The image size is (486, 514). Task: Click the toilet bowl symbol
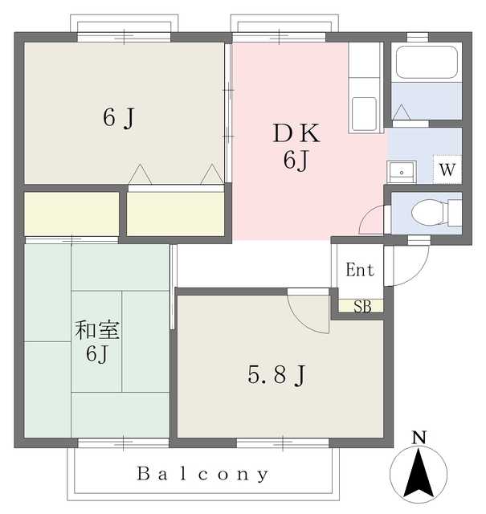point(427,213)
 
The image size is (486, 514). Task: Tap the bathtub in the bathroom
point(427,62)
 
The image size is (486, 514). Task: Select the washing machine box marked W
point(447,169)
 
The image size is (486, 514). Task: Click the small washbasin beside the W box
point(402,171)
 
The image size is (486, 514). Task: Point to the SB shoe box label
point(362,307)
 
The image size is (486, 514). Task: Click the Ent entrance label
point(359,270)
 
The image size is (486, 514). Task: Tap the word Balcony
point(202,474)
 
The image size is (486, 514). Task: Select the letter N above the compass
point(419,438)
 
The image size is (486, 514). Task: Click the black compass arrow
point(419,473)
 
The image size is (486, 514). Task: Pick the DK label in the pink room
point(296,133)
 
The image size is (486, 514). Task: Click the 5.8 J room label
point(276,375)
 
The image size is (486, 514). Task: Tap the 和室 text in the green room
point(97,330)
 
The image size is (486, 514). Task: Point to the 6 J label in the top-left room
point(119,118)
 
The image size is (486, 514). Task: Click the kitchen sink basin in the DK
point(364,114)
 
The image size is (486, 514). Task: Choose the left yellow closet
point(71,214)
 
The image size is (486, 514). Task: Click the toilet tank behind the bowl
point(455,213)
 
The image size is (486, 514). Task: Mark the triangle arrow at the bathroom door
point(402,112)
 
